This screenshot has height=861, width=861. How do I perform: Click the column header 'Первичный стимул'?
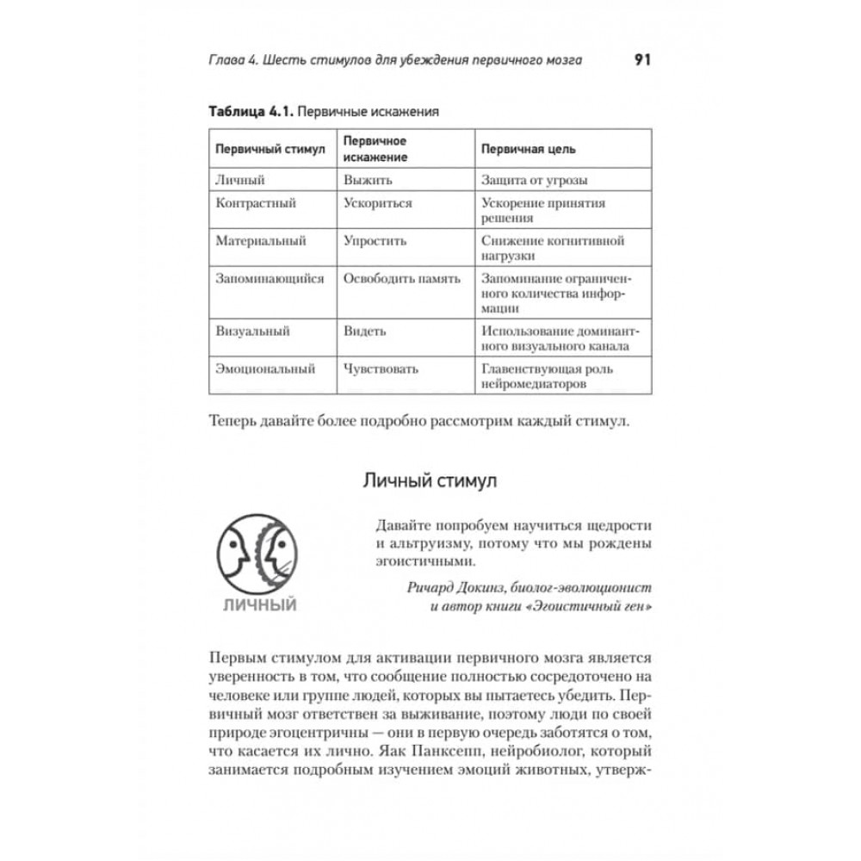[x=269, y=149]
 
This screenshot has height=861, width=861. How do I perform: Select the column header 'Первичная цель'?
[x=529, y=149]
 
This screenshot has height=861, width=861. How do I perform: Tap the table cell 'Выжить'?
[x=368, y=180]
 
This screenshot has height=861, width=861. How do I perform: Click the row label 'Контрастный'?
[x=256, y=204]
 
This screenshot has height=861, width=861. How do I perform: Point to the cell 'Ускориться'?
[x=377, y=204]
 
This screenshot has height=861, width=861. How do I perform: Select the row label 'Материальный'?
[x=260, y=242]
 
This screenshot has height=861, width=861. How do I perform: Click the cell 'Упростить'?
[x=375, y=242]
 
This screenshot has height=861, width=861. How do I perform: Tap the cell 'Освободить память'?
[x=401, y=279]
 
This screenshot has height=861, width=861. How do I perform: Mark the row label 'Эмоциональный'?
[x=264, y=369]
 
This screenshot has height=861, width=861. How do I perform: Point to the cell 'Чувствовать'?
[x=381, y=369]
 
